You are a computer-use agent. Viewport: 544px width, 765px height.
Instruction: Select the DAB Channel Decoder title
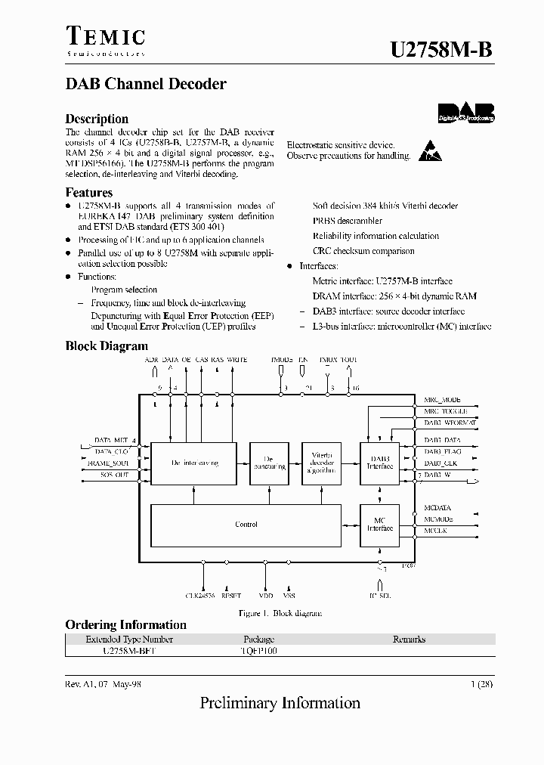tap(146, 84)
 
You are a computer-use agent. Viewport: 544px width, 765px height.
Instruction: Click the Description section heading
tap(97, 119)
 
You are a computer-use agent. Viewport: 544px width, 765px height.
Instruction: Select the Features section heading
tap(89, 193)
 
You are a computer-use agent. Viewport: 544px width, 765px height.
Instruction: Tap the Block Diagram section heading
tap(107, 346)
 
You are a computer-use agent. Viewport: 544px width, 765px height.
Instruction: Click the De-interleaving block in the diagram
tap(194, 463)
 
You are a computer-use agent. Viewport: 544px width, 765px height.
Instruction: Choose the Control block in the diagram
tap(246, 524)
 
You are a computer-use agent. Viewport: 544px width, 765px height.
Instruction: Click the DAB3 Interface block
tap(380, 462)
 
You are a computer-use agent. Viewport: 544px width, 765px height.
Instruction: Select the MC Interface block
tap(380, 524)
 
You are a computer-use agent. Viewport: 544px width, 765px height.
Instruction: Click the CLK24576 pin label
tap(200, 595)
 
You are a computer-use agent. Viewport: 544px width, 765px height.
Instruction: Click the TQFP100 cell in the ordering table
tap(259, 650)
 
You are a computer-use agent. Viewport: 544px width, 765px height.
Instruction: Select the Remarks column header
tap(409, 640)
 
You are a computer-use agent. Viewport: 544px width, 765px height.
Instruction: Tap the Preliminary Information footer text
tap(280, 703)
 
